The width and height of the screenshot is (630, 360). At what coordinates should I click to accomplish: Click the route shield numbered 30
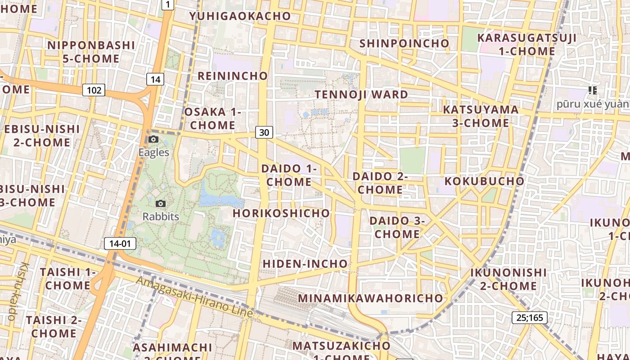click(x=264, y=132)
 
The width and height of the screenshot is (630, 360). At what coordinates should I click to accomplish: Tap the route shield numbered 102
click(x=94, y=90)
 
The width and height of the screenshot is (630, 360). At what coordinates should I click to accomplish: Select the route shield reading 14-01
click(x=120, y=244)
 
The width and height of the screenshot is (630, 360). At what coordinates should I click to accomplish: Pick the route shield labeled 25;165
click(x=530, y=318)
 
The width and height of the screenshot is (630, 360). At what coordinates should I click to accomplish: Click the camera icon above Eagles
click(x=153, y=139)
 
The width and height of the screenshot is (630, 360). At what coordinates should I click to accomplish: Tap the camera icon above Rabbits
click(x=160, y=204)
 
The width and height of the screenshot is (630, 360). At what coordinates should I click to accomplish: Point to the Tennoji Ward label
click(x=361, y=94)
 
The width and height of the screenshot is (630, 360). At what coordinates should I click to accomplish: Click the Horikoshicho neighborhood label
click(x=281, y=213)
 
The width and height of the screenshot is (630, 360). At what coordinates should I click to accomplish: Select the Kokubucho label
click(x=484, y=181)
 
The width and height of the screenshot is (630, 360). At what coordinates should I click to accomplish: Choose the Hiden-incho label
click(x=305, y=264)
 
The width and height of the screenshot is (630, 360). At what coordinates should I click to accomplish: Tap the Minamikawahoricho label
click(x=370, y=298)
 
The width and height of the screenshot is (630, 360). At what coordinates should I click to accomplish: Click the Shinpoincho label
click(x=404, y=43)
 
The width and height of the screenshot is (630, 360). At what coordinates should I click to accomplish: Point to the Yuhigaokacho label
click(x=240, y=16)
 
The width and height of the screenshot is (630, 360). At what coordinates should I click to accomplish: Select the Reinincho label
click(x=233, y=76)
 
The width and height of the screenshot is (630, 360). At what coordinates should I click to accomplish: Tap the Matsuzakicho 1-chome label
click(x=341, y=351)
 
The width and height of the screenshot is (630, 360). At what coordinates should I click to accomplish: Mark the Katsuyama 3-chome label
click(x=481, y=116)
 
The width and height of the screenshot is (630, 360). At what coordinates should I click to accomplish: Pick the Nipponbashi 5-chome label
click(x=91, y=52)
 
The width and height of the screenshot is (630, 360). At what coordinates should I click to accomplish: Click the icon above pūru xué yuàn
click(x=592, y=90)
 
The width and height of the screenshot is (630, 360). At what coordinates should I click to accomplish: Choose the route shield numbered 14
click(x=155, y=80)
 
